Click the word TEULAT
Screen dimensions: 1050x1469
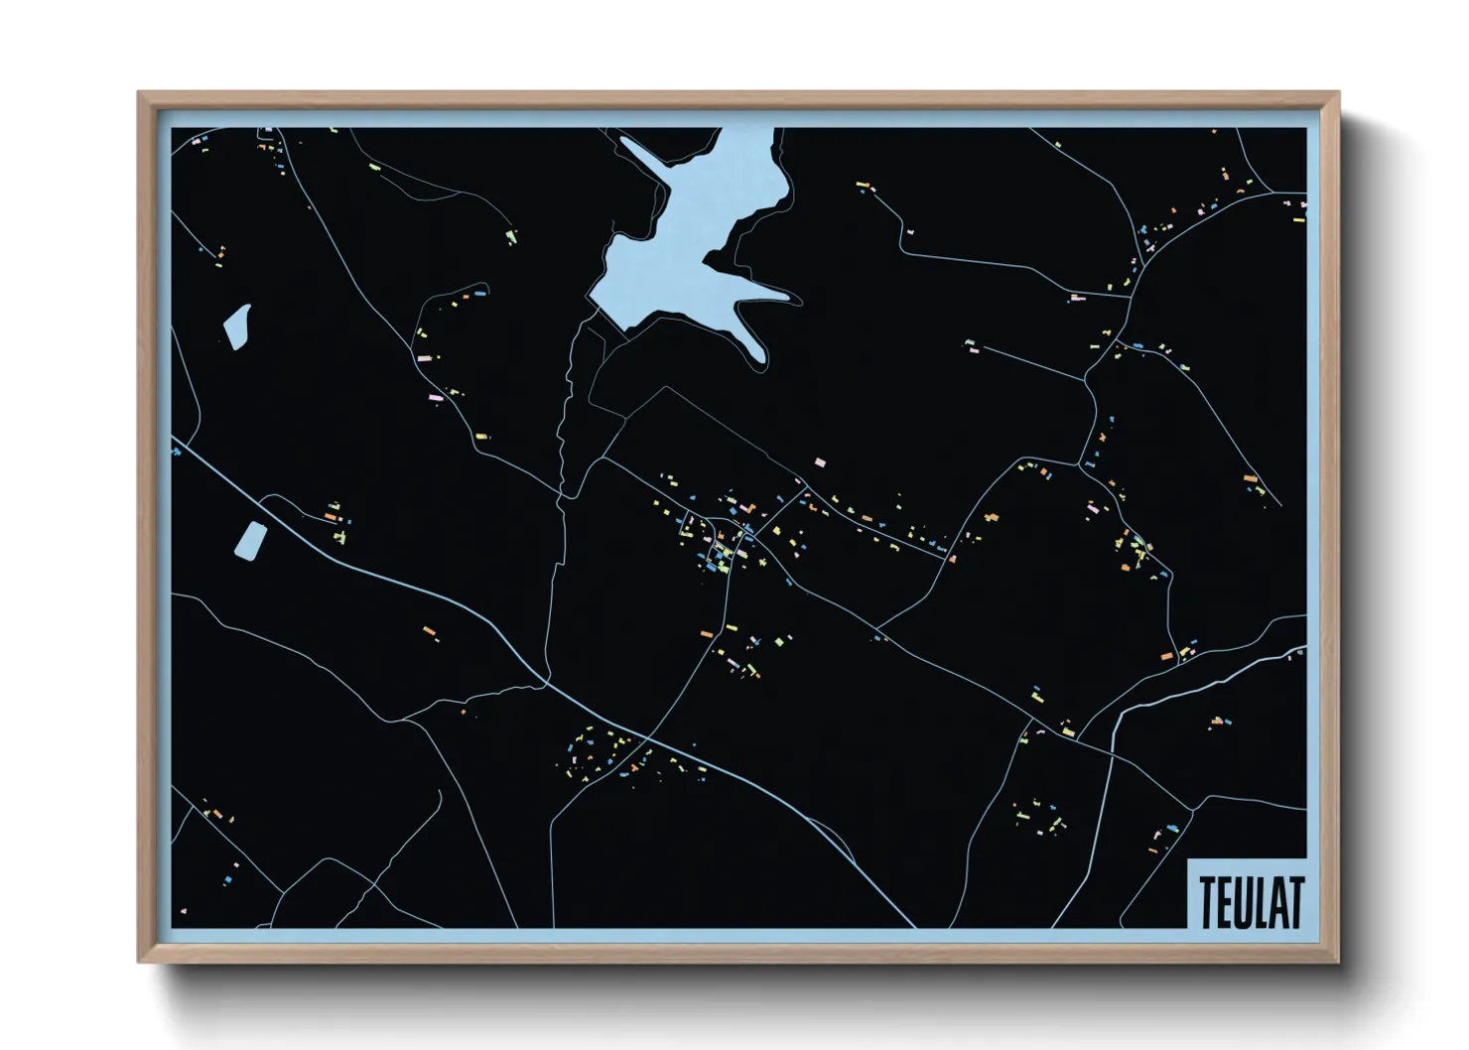[x=1250, y=901]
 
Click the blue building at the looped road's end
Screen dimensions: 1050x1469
[x=1171, y=827]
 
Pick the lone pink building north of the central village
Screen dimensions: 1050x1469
[x=820, y=462]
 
